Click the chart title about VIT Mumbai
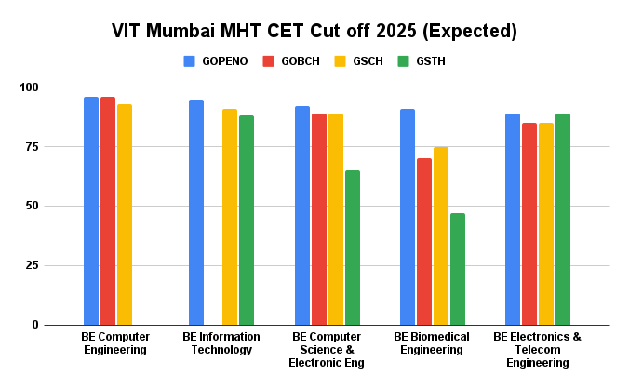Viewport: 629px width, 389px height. pos(314,31)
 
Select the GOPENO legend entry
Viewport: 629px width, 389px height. pos(216,61)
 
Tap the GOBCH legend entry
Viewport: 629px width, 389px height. pos(293,61)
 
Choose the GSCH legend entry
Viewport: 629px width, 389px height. pos(363,61)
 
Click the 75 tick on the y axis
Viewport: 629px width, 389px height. pos(33,147)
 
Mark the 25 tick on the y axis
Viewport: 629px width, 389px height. pos(33,265)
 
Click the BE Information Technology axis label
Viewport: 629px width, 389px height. pos(217,342)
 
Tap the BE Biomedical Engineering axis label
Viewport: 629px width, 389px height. pos(432,342)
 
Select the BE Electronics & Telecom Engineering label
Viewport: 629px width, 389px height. pos(537,349)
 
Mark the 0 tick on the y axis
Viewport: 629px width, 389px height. pos(36,325)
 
